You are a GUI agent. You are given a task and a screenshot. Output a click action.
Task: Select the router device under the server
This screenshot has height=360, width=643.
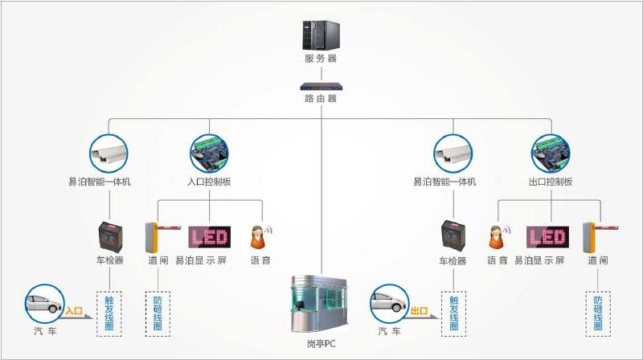pyautogui.click(x=321, y=84)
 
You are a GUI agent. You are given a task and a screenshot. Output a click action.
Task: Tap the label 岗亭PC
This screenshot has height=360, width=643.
pyautogui.click(x=321, y=344)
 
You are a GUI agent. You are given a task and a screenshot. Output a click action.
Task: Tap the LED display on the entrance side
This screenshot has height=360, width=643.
pyautogui.click(x=209, y=236)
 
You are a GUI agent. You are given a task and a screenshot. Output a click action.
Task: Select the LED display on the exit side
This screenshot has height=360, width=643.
pyautogui.click(x=547, y=236)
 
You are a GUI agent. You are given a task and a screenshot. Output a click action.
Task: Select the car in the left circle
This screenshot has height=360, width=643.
pyautogui.click(x=43, y=303)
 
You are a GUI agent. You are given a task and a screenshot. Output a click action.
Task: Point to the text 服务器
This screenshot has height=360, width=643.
pyautogui.click(x=321, y=59)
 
